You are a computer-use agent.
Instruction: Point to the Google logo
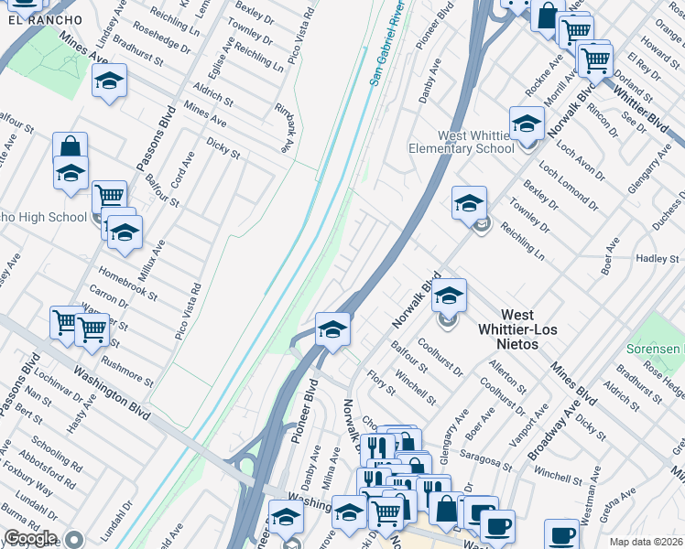coord(29,538)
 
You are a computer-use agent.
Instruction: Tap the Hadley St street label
coord(657,259)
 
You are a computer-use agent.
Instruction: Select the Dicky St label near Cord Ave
coord(223,149)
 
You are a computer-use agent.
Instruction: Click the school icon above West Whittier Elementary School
coord(527,123)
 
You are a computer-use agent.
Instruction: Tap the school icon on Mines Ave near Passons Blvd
coord(109,81)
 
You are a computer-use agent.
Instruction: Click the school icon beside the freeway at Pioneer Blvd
coord(332,329)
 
